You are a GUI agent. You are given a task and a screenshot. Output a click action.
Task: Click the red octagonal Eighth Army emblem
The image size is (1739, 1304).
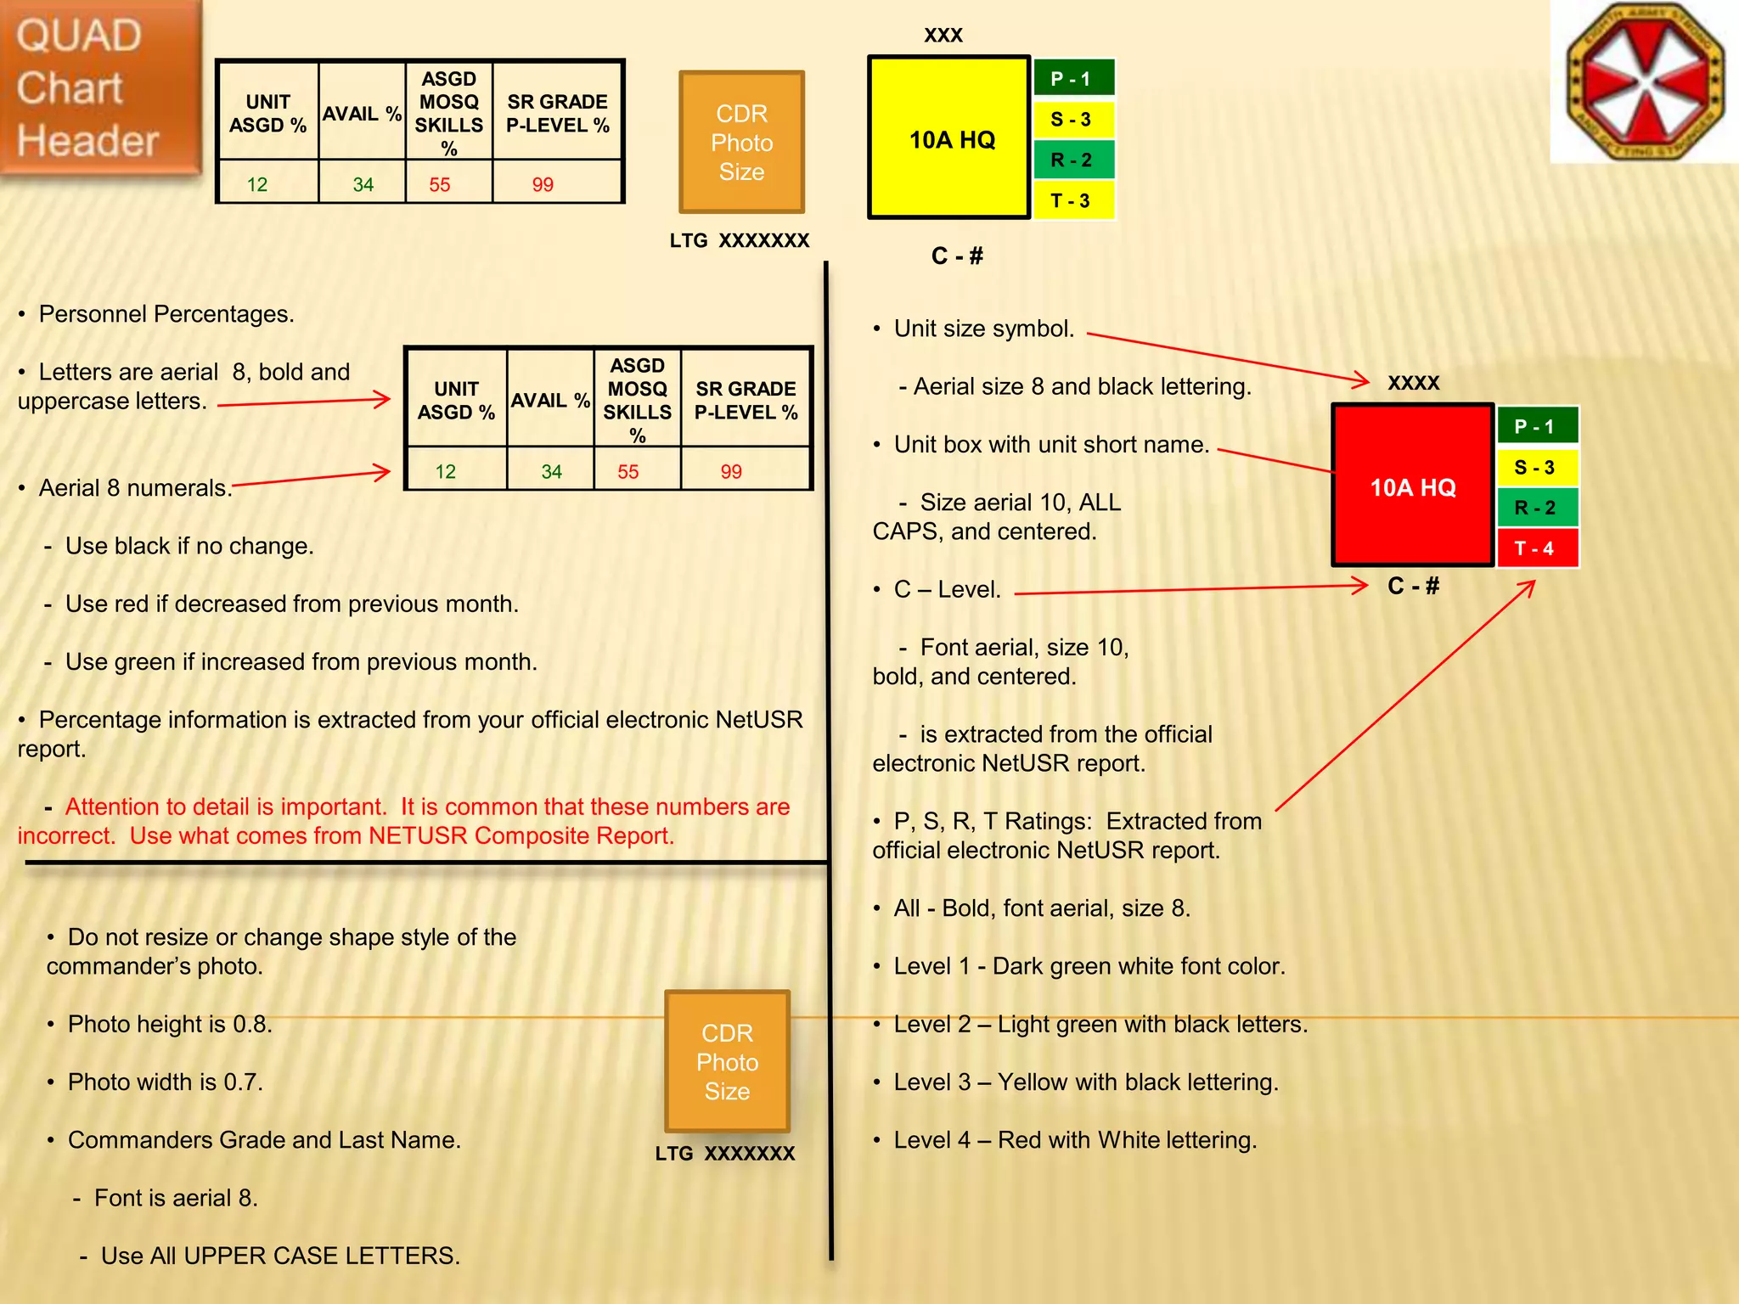(x=1645, y=81)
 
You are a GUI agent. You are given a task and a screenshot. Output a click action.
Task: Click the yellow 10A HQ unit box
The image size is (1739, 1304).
(x=949, y=138)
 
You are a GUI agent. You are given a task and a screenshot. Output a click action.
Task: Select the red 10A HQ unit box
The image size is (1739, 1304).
(x=1412, y=486)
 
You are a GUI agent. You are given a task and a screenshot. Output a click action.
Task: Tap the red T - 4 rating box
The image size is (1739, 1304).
(x=1536, y=548)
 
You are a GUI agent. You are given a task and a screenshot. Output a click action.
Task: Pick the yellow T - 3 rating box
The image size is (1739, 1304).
(x=1072, y=201)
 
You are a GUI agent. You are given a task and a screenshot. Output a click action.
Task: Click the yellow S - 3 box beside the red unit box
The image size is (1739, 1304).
(x=1536, y=467)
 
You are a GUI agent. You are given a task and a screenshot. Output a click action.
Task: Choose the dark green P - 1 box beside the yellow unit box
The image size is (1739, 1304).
(x=1072, y=79)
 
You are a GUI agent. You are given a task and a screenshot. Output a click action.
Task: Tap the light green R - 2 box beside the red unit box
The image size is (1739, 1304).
(x=1536, y=508)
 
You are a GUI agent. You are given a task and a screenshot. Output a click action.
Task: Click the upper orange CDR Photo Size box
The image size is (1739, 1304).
(x=741, y=143)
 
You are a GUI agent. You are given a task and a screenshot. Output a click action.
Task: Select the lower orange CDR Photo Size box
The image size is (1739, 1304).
(x=727, y=1061)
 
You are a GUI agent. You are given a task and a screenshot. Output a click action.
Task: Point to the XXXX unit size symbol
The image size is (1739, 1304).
(x=1414, y=384)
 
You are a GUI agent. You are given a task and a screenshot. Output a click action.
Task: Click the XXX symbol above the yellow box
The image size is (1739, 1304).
(x=943, y=36)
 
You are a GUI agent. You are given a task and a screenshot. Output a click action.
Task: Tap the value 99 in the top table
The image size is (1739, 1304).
(x=543, y=185)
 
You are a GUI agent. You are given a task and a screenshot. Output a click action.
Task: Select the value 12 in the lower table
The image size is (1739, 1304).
(x=446, y=472)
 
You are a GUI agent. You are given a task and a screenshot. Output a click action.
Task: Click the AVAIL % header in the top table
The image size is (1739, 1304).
(x=362, y=114)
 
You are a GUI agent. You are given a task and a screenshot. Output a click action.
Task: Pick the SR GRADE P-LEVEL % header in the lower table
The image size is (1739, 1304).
(x=746, y=401)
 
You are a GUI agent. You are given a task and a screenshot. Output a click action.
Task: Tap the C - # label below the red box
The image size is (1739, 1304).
(x=1414, y=587)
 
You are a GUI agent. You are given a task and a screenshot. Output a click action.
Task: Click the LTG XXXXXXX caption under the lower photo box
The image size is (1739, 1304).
(x=725, y=1154)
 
